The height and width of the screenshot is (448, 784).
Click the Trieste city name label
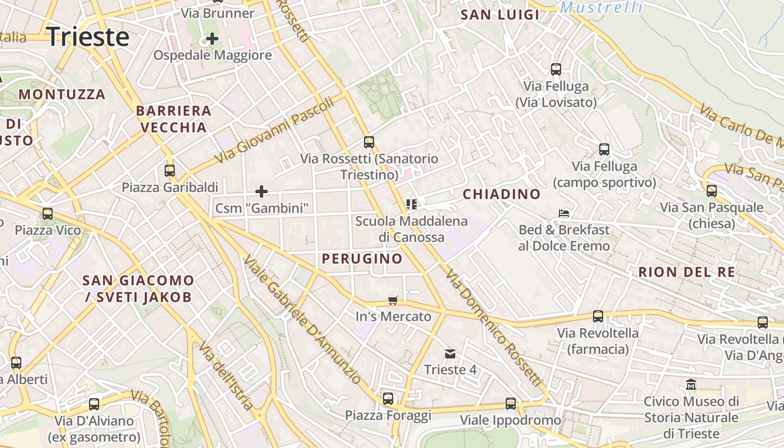(88, 37)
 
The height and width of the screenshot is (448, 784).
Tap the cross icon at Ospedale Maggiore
(212, 39)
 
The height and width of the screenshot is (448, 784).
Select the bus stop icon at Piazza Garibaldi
(170, 171)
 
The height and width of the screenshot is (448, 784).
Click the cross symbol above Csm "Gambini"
(262, 192)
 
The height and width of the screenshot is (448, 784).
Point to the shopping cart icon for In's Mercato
(393, 301)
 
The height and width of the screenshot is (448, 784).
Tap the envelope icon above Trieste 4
(450, 354)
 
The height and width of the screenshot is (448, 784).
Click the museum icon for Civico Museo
(691, 385)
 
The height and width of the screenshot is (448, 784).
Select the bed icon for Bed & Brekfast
(564, 213)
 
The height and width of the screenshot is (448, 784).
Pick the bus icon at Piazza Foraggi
(388, 399)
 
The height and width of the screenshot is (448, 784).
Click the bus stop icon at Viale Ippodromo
(511, 404)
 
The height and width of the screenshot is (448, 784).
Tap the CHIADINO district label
(502, 194)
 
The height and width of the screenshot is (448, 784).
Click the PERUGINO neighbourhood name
(362, 258)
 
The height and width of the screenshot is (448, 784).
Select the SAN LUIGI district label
(500, 15)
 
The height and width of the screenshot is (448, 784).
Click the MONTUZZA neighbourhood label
(62, 94)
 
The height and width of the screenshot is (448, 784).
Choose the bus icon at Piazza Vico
(48, 214)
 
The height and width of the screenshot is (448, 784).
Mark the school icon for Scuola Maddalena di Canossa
(412, 204)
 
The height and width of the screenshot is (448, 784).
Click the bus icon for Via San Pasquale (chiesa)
(712, 191)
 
